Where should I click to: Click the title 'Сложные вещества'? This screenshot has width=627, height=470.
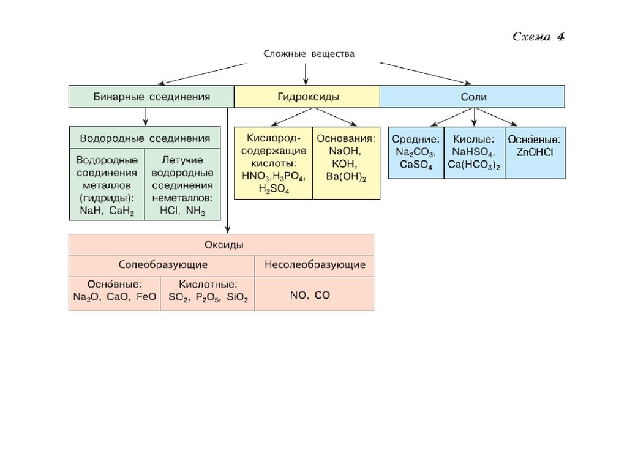pyautogui.click(x=309, y=54)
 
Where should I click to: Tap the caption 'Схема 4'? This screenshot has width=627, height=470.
pyautogui.click(x=538, y=37)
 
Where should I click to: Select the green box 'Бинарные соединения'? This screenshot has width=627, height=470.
pyautogui.click(x=151, y=97)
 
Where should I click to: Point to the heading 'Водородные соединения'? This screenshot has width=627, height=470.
pyautogui.click(x=145, y=138)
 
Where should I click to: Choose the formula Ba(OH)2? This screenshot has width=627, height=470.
pyautogui.click(x=347, y=177)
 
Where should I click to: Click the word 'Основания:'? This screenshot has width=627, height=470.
pyautogui.click(x=347, y=138)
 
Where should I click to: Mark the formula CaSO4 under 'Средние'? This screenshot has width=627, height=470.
pyautogui.click(x=416, y=165)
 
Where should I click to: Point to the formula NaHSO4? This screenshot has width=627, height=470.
pyautogui.click(x=474, y=152)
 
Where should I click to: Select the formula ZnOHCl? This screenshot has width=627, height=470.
pyautogui.click(x=535, y=152)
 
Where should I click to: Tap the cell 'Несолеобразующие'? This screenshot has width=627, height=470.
pyautogui.click(x=315, y=265)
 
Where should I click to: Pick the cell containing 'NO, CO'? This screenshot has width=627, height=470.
pyautogui.click(x=310, y=295)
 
